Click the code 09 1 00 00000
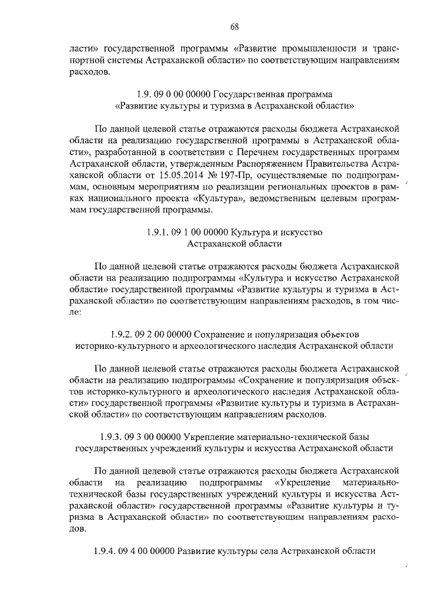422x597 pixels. pyautogui.click(x=197, y=232)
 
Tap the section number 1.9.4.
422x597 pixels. pyautogui.click(x=105, y=551)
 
